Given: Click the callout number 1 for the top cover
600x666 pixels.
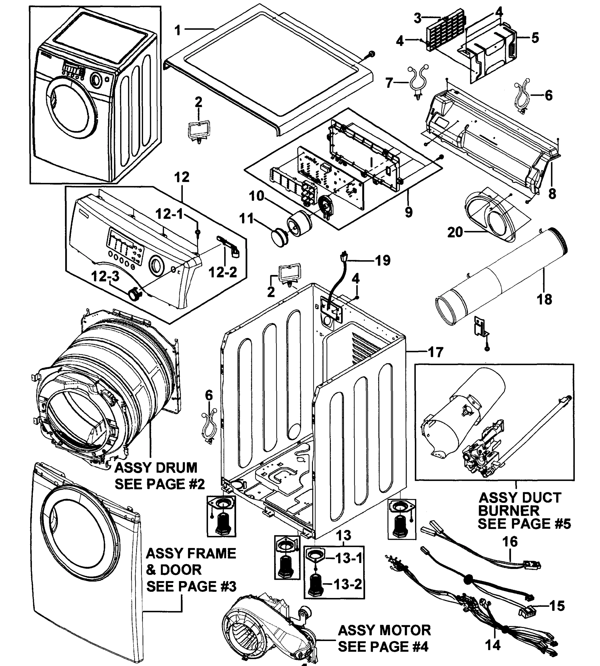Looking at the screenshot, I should pyautogui.click(x=178, y=30).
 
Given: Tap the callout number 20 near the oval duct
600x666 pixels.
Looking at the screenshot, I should pyautogui.click(x=455, y=232).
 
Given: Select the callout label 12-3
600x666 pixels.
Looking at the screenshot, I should pyautogui.click(x=105, y=276).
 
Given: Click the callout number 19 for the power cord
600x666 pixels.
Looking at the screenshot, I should pyautogui.click(x=383, y=260).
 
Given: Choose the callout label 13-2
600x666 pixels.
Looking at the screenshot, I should pyautogui.click(x=348, y=584).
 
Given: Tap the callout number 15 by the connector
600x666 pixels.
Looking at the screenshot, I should pyautogui.click(x=557, y=606).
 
